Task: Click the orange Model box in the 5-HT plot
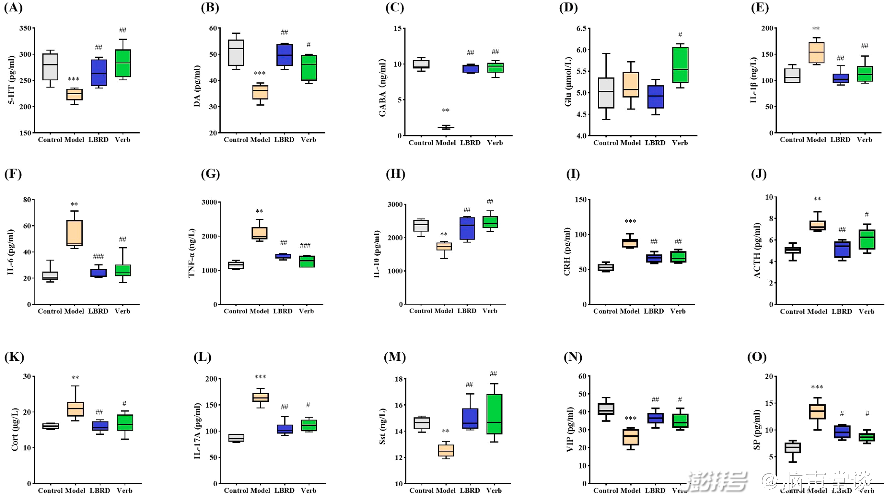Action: click(x=75, y=95)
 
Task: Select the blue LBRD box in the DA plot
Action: click(x=284, y=55)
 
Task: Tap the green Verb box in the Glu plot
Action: click(x=680, y=65)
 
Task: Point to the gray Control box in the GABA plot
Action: click(x=421, y=64)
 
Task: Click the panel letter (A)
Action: click(x=13, y=8)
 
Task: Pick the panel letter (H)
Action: click(x=395, y=174)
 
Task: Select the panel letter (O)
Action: click(x=757, y=357)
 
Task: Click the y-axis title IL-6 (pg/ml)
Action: click(x=11, y=252)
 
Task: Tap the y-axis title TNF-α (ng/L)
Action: click(x=192, y=253)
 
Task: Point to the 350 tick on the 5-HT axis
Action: click(x=25, y=28)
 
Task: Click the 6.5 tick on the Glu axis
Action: click(x=581, y=28)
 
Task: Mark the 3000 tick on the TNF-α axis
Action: click(x=209, y=202)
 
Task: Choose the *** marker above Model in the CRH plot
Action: click(x=630, y=222)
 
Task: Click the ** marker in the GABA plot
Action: click(x=446, y=111)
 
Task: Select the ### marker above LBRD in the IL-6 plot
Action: click(x=98, y=256)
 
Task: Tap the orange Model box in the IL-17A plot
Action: click(x=260, y=397)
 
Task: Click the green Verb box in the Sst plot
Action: click(x=494, y=414)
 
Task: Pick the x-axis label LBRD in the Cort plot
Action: click(x=100, y=491)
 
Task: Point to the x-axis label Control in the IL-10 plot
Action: click(x=421, y=311)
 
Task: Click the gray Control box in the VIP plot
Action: click(x=606, y=409)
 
